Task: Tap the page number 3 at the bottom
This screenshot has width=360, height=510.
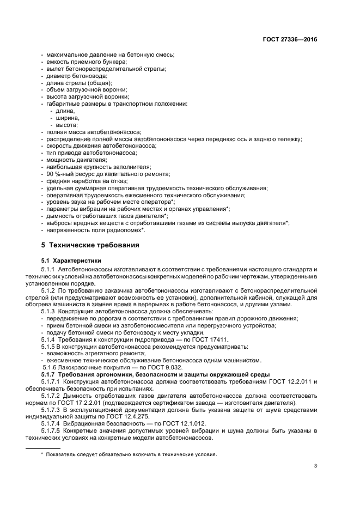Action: [316, 465]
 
